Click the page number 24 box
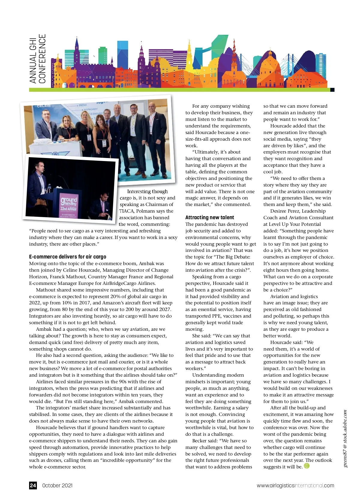point(33,485)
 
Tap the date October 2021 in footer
point(57,486)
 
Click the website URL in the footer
point(295,486)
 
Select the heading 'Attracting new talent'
point(209,217)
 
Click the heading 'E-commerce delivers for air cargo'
point(67,257)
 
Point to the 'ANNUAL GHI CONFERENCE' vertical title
point(37,59)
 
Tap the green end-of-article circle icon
point(307,466)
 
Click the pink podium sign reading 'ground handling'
point(69,204)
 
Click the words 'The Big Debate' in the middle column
point(231,257)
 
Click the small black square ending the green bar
point(332,90)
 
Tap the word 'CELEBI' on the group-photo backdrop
point(44,106)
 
